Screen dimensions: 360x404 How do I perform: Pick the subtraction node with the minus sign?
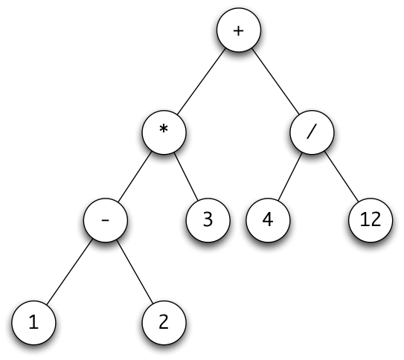(x=106, y=221)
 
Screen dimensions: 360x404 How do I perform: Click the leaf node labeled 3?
(x=207, y=221)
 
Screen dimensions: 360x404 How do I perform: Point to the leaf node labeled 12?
(x=369, y=221)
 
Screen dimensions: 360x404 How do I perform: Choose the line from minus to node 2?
(x=135, y=271)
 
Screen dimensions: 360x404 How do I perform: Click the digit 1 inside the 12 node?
(x=363, y=221)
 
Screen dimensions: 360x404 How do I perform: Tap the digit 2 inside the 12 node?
(x=374, y=221)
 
